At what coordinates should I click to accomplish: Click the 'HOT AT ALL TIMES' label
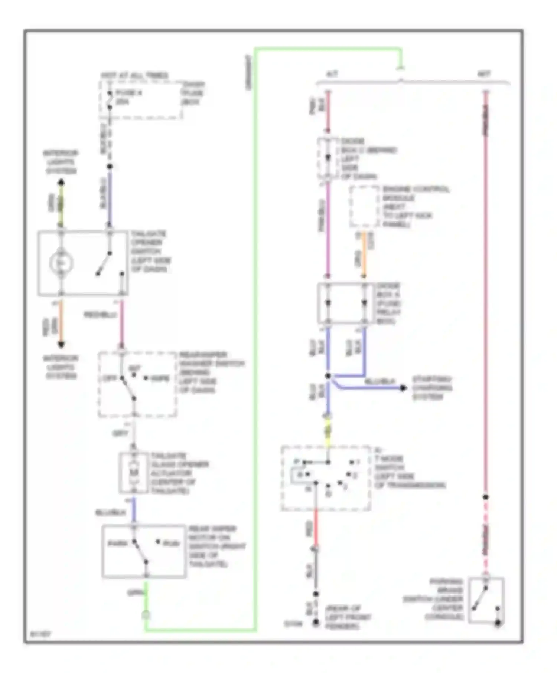click(x=134, y=75)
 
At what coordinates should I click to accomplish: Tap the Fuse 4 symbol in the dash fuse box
click(x=110, y=100)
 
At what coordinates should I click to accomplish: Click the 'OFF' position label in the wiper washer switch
click(x=110, y=378)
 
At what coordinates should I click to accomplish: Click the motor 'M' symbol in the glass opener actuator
click(x=134, y=472)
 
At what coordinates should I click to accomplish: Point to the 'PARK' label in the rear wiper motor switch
click(x=117, y=543)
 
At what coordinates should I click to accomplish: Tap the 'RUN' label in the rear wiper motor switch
click(x=171, y=544)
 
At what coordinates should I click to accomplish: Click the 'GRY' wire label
click(x=120, y=433)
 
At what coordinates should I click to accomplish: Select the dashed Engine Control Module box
click(x=364, y=206)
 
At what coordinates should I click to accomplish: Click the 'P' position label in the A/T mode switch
click(x=296, y=462)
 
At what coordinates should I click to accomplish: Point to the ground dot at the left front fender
click(x=316, y=622)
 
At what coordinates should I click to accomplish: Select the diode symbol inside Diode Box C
click(x=328, y=158)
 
